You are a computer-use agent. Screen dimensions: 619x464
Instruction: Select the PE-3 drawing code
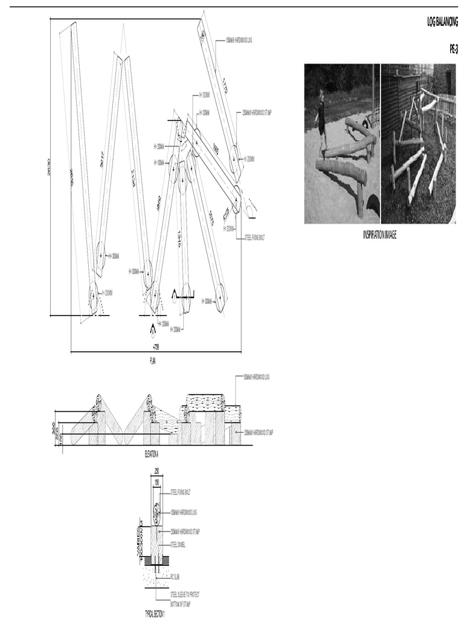(x=453, y=50)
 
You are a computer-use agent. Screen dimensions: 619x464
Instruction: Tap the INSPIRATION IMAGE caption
(x=379, y=235)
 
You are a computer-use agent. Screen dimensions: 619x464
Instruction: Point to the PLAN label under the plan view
(x=153, y=360)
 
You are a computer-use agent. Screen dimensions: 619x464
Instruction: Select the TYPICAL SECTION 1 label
(x=154, y=613)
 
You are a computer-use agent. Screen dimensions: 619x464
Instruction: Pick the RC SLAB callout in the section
(x=176, y=577)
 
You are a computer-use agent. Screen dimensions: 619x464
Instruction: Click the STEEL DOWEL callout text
(x=178, y=544)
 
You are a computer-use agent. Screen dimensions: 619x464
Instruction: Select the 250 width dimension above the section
(x=156, y=471)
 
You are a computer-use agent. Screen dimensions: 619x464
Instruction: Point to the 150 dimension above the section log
(x=156, y=482)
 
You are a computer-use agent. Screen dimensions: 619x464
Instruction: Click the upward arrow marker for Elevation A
(x=152, y=329)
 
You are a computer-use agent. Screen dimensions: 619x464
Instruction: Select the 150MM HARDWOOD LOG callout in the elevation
(x=256, y=377)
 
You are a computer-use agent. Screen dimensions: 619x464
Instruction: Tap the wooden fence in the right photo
(x=446, y=104)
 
